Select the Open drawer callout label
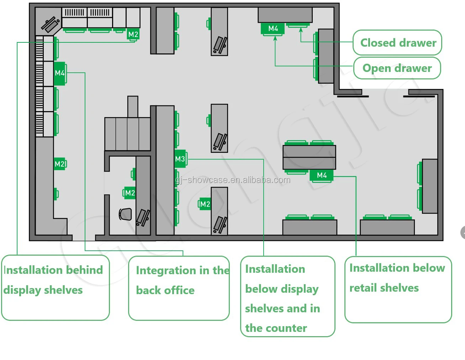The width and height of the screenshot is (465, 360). (397, 68)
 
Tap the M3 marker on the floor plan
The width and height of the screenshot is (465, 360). (180, 159)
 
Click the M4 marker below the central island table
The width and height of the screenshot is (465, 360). (322, 176)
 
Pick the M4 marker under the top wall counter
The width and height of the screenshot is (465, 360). (273, 28)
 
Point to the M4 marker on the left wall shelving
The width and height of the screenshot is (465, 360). (60, 73)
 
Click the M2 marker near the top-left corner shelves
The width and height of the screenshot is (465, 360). (133, 34)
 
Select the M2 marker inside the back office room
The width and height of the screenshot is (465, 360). (130, 193)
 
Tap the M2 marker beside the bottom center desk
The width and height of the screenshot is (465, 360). (205, 204)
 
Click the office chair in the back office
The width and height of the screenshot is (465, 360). (125, 214)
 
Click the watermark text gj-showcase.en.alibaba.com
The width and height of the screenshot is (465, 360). (233, 180)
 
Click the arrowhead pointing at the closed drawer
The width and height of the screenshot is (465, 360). (301, 30)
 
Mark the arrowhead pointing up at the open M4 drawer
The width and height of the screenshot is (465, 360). (275, 38)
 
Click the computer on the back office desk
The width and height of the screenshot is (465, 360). (143, 218)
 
